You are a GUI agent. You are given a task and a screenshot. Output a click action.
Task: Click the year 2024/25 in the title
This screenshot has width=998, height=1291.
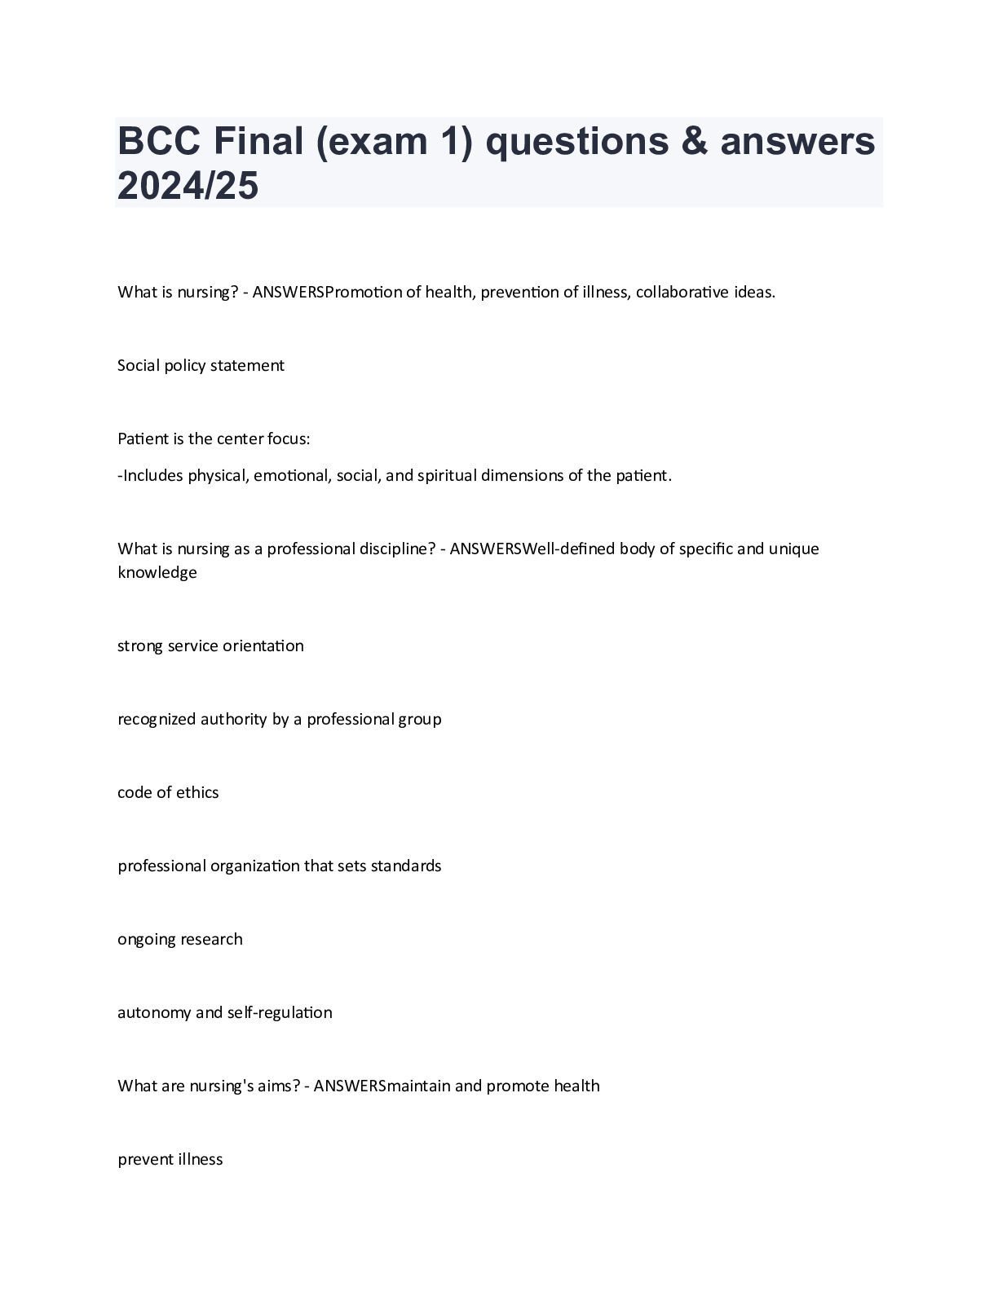(188, 186)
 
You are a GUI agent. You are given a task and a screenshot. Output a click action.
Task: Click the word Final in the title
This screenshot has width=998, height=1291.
(260, 142)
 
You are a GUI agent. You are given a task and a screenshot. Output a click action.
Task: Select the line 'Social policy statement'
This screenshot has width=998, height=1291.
(201, 365)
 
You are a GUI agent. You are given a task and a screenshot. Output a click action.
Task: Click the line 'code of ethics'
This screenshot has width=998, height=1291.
(168, 792)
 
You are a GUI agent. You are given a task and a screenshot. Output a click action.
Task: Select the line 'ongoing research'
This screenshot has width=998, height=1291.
(179, 939)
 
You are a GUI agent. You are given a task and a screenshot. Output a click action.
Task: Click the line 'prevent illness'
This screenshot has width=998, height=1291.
(170, 1159)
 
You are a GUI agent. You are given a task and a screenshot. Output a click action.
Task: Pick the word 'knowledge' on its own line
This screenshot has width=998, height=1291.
(157, 572)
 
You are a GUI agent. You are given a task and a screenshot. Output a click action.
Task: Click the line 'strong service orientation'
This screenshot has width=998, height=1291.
(210, 645)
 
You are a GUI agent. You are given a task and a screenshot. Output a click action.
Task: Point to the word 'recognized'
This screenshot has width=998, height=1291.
(157, 719)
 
